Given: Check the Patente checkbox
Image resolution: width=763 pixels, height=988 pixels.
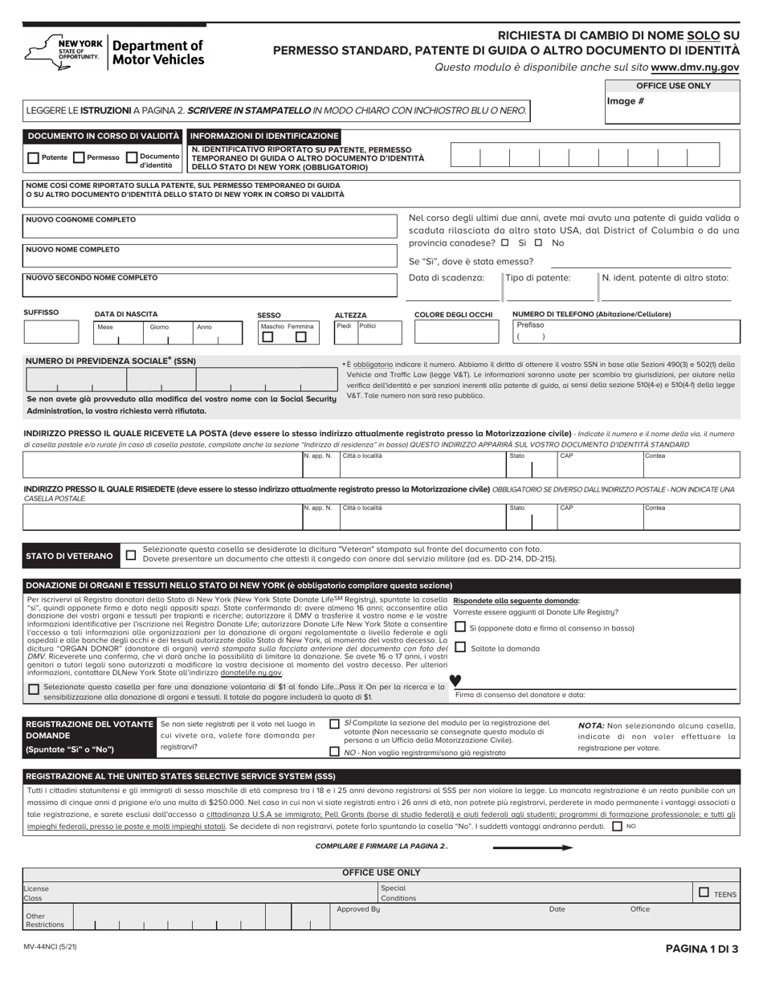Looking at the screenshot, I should coord(34,158).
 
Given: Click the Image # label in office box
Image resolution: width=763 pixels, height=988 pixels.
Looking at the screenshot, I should coord(624,102).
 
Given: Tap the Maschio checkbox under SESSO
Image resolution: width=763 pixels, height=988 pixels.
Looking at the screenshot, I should coord(268,337).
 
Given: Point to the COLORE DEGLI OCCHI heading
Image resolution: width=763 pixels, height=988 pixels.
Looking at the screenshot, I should coord(453,314).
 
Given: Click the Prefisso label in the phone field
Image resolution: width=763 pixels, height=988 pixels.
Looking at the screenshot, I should coord(530,325).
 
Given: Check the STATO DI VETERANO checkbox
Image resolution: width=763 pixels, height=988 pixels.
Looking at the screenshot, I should coord(131,555).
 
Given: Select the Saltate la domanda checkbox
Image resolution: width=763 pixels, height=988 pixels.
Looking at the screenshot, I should coord(460,647).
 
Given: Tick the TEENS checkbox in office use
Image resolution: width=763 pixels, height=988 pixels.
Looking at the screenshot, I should coord(704,892).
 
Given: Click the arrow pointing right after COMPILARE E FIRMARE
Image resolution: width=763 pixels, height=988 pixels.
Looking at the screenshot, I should coord(532,847).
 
